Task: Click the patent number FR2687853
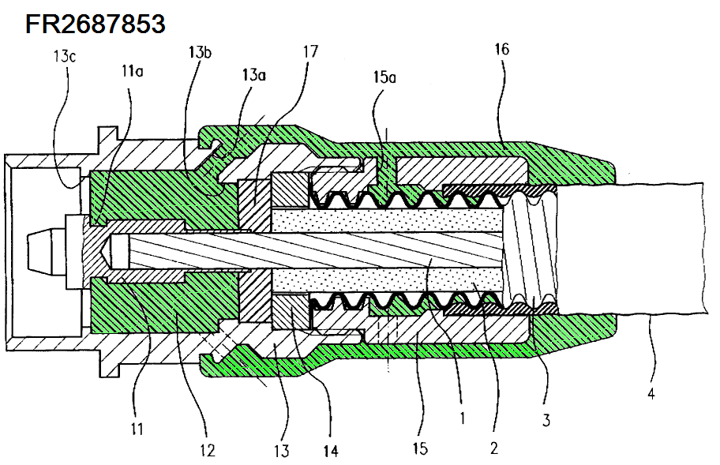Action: coord(95,24)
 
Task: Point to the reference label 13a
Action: coord(254,75)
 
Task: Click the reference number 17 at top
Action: coord(309,52)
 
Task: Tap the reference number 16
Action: coord(501,49)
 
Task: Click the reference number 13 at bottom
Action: coord(282,451)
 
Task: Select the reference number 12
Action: coord(207,450)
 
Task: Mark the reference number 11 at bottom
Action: coord(138,429)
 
